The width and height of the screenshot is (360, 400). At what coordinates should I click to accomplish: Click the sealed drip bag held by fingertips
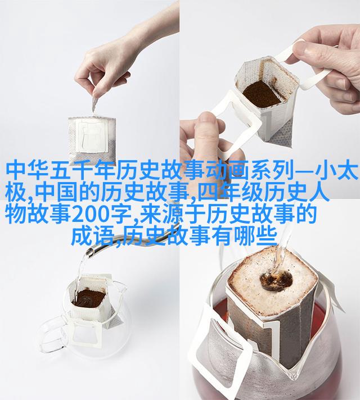tap(92, 139)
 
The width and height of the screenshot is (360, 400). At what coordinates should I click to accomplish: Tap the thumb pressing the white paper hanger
tap(206, 137)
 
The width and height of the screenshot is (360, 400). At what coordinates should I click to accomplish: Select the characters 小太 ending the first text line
tap(335, 170)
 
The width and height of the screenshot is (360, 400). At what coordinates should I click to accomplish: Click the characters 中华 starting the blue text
tap(28, 170)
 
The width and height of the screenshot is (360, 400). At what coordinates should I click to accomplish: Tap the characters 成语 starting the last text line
tap(92, 237)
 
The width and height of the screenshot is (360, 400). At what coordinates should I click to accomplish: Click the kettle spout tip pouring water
tap(90, 253)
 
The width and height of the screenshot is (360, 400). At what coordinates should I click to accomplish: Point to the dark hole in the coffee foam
tap(276, 280)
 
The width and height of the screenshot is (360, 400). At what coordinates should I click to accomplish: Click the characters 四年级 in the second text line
tap(229, 192)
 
